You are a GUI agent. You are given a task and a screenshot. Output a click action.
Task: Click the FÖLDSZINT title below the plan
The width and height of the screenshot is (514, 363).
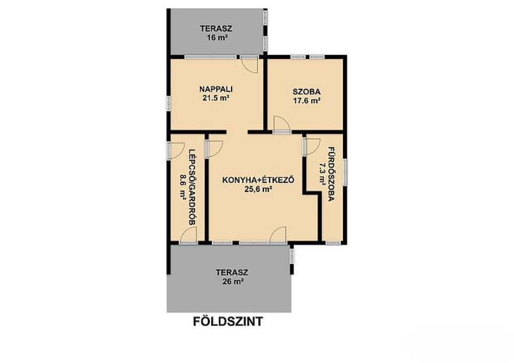coord(228,321)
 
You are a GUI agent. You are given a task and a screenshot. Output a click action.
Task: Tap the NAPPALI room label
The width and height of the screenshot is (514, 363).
coord(216,89)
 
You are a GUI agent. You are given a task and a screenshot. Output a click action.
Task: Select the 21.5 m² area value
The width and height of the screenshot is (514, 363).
coord(215,98)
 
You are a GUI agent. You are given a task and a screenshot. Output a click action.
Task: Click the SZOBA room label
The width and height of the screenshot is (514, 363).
coord(307,92)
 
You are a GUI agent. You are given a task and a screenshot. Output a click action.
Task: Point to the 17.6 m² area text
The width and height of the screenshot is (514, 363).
coord(307,101)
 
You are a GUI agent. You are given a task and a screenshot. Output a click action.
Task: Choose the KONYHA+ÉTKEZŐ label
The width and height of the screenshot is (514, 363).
coord(259,180)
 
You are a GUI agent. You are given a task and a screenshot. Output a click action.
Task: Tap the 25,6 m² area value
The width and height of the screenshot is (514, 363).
coord(259,189)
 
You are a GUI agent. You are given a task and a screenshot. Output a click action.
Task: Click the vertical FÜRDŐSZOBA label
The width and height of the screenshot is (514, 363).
coord(331,174)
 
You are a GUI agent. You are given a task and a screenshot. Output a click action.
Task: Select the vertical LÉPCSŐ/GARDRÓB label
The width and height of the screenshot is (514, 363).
coord(192,187)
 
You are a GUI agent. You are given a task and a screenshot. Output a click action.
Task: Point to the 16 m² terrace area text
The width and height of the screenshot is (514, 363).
coord(217,37)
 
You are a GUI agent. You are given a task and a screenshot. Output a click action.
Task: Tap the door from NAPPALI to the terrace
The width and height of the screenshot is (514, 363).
coord(249,64)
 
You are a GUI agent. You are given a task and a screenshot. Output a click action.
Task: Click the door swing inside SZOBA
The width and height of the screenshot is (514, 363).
coord(282,124)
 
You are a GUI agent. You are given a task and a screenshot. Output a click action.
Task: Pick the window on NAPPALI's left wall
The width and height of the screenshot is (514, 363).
coord(169,103)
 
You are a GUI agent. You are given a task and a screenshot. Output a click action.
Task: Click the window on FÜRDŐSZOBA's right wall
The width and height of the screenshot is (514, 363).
coord(345,172)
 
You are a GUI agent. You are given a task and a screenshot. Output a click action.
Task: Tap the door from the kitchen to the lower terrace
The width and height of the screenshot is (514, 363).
coord(279,235)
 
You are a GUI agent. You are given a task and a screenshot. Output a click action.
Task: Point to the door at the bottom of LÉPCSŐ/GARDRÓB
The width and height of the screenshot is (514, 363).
coord(188,236)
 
